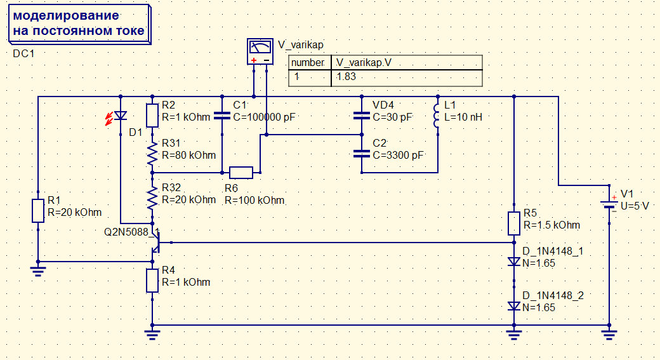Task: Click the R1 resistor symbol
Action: [x=38, y=211]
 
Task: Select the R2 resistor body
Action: [x=152, y=116]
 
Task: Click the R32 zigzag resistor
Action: [x=152, y=198]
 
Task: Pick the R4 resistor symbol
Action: [x=152, y=281]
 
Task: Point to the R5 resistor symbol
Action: [x=514, y=223]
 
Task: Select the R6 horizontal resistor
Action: [x=241, y=173]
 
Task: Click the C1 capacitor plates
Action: [x=222, y=116]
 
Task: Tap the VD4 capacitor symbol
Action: [x=362, y=116]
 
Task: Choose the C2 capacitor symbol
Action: [x=362, y=154]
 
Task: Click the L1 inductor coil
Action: [x=437, y=116]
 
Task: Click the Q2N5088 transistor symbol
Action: [x=155, y=242]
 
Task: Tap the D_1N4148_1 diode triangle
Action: [x=514, y=262]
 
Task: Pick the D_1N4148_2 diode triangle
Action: [x=514, y=306]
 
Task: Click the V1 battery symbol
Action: [x=609, y=204]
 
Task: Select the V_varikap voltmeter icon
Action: [x=260, y=51]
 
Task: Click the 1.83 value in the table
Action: [x=346, y=77]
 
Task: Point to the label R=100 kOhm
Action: [x=254, y=201]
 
